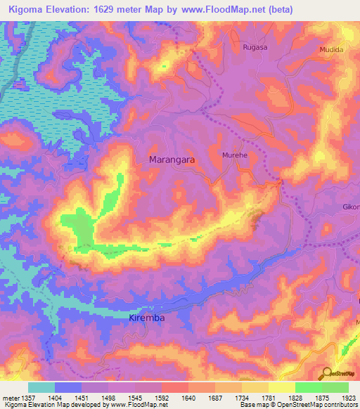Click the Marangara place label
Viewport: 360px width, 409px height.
point(172,160)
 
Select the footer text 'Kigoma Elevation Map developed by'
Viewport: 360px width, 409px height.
point(56,405)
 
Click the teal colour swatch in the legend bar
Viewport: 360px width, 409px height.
point(41,387)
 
